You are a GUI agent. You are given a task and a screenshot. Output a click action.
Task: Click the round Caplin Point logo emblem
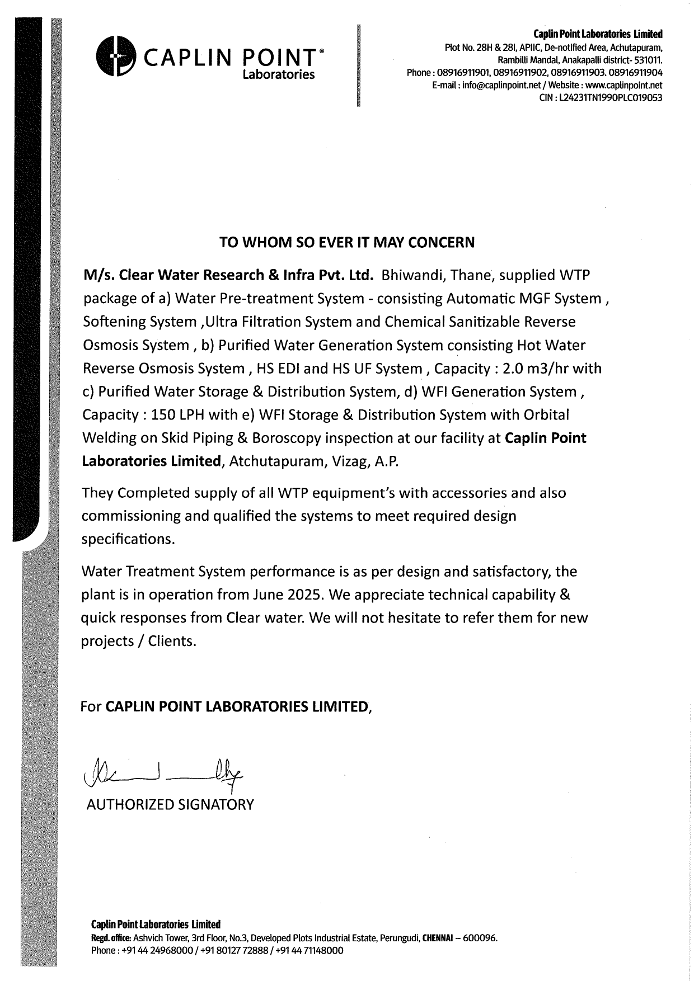[x=116, y=56]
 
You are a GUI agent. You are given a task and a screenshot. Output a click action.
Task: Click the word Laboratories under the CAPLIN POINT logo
[x=278, y=75]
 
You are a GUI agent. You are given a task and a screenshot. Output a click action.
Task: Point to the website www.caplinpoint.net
[x=627, y=86]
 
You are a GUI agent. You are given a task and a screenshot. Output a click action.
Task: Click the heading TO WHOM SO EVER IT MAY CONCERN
[x=347, y=242]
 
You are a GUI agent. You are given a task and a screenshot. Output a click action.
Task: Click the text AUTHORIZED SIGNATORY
[x=170, y=805]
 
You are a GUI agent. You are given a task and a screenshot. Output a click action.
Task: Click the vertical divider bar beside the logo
[x=357, y=66]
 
